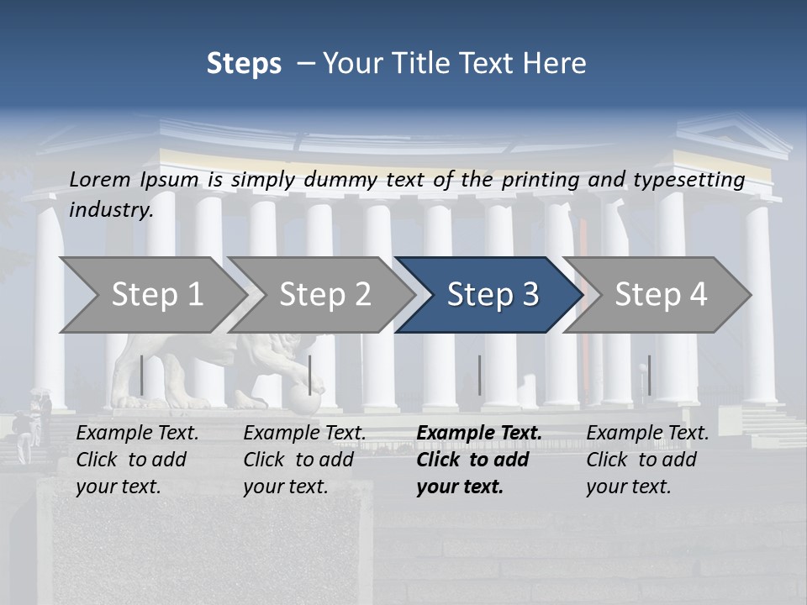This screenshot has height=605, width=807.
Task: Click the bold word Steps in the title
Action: click(244, 64)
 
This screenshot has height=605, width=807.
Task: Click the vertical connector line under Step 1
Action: click(142, 375)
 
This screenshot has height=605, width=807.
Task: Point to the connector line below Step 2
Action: click(310, 375)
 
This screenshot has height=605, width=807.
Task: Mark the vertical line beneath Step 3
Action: click(479, 375)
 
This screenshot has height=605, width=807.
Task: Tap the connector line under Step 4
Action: click(648, 375)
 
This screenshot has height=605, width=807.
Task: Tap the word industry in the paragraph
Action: click(111, 210)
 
